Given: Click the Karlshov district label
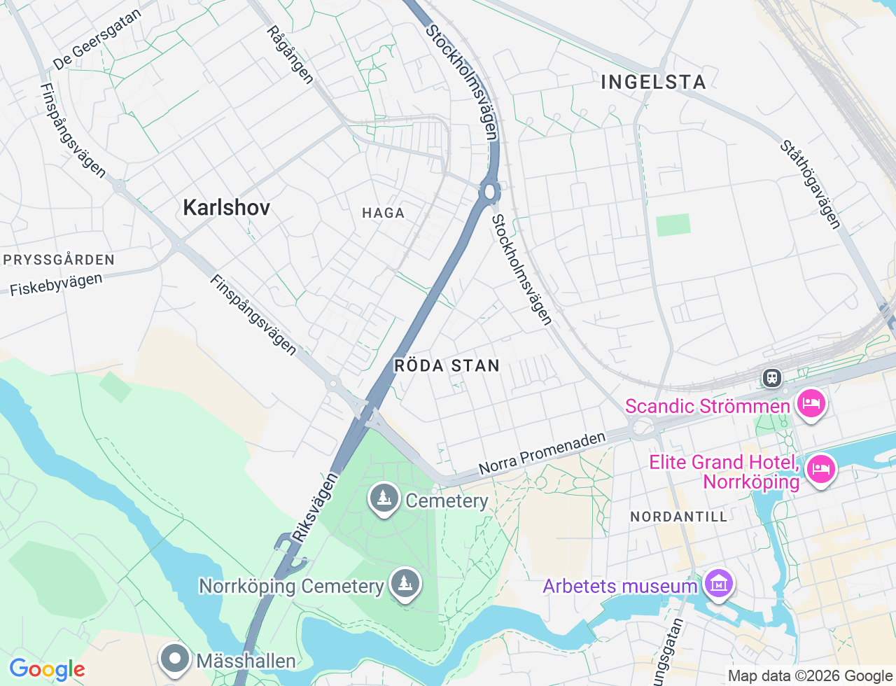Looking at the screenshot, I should click(x=226, y=207).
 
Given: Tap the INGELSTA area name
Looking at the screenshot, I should click(x=654, y=82).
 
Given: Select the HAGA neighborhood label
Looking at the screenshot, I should click(x=383, y=213).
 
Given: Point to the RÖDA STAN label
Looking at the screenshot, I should click(x=447, y=365).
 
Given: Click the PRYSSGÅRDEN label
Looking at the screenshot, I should click(x=59, y=260).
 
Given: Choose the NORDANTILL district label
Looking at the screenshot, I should click(x=679, y=517).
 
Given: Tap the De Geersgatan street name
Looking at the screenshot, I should click(x=97, y=40).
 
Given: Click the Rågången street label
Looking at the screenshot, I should click(x=290, y=55).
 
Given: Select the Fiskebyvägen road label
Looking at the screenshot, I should click(x=56, y=284).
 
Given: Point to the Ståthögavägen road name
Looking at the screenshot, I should click(x=811, y=185).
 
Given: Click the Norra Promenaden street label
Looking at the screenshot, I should click(x=542, y=453).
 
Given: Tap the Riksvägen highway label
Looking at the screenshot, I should click(x=315, y=507).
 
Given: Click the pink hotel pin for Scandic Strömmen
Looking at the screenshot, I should click(x=811, y=405).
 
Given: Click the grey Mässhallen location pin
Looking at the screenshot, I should click(x=174, y=659).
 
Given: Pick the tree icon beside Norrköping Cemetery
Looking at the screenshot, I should click(x=405, y=583).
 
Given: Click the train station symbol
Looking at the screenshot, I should click(x=772, y=378).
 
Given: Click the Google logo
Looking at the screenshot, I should click(x=48, y=669).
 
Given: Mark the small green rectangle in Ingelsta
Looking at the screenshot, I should click(x=673, y=225).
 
